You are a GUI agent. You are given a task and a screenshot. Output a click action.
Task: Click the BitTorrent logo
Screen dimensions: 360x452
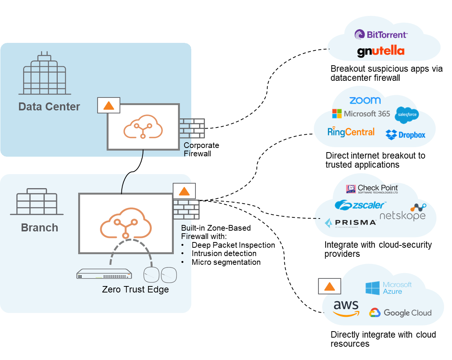pos(381,35)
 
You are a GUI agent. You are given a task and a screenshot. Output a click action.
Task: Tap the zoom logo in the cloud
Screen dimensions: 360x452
pos(365,100)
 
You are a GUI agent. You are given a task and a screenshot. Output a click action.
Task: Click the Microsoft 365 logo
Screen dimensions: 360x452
pos(361,113)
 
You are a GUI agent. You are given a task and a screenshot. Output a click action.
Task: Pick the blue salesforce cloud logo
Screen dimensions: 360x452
pos(406,115)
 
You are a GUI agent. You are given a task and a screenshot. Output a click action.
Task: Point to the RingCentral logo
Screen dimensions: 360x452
pos(351,132)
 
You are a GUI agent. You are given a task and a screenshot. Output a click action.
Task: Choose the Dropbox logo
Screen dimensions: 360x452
pos(405,135)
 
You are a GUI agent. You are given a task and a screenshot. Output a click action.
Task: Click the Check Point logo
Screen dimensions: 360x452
pos(372,189)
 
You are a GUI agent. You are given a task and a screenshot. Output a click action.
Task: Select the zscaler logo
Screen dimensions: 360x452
pos(360,205)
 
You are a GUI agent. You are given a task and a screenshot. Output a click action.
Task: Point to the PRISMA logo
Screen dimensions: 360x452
pos(350,223)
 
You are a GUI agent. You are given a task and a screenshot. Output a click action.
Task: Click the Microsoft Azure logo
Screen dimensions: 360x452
pos(389,288)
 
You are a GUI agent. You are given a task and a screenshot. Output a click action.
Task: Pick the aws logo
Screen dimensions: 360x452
pos(346,308)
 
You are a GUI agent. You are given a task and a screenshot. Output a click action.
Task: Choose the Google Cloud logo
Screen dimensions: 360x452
pos(400,313)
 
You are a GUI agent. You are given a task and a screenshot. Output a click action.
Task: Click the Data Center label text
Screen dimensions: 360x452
pos(49,107)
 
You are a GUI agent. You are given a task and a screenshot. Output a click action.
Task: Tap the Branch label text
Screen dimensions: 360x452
pos(39,228)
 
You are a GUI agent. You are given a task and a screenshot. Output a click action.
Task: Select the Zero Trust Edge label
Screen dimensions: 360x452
pos(135,289)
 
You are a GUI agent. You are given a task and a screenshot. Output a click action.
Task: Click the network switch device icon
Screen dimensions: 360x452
pos(104,274)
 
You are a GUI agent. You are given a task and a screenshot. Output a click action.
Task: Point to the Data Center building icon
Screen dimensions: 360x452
pos(45,75)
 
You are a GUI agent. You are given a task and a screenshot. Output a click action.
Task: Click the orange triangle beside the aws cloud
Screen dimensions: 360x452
pos(329,286)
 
